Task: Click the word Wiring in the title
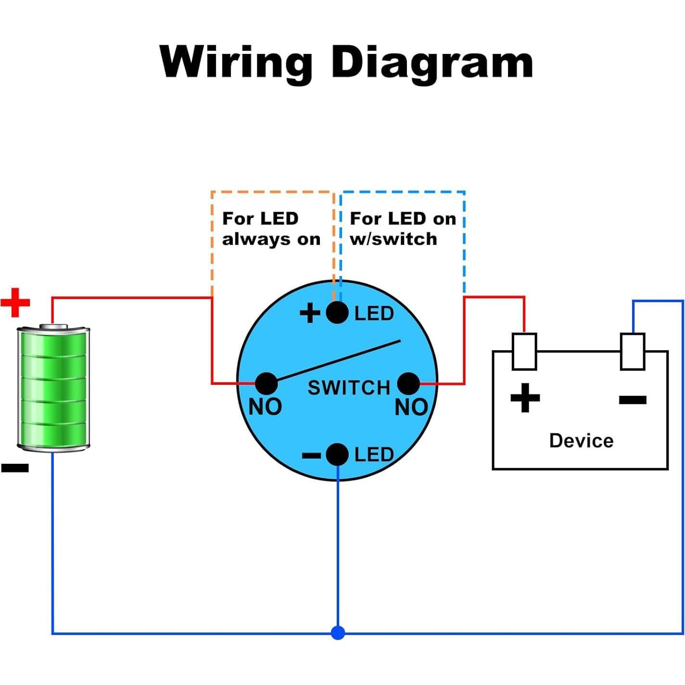coord(236,63)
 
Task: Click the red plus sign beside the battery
coord(15,303)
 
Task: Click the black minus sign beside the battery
coord(15,468)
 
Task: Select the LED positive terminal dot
coord(337,313)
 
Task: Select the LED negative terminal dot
coord(337,455)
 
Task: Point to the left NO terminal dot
coord(266,383)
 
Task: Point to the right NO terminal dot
coord(408,383)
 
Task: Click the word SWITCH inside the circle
coord(349,388)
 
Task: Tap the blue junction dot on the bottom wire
coord(338,633)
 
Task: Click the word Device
coord(581,441)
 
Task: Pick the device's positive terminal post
coord(524,352)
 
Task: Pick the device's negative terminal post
coord(632,352)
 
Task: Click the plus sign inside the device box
coord(525,398)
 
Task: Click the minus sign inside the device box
coord(633,399)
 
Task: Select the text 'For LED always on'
coord(271,228)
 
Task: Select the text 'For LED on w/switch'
coord(402,228)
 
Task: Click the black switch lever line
coord(337,361)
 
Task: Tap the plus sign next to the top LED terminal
coord(310,313)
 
